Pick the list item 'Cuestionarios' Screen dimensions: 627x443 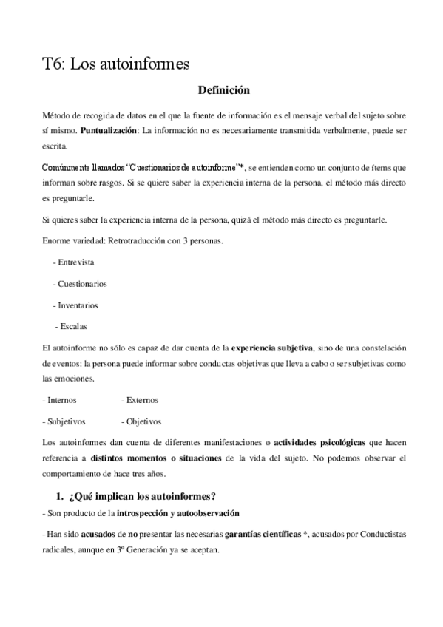coord(82,283)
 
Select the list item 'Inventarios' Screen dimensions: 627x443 coord(78,305)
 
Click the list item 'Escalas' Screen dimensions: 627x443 coord(74,326)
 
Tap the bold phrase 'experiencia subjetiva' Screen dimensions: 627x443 coord(273,347)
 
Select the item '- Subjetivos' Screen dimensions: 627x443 coord(65,421)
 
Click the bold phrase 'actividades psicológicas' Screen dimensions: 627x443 coord(319,442)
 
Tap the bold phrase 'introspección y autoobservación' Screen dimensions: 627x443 coord(177,513)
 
